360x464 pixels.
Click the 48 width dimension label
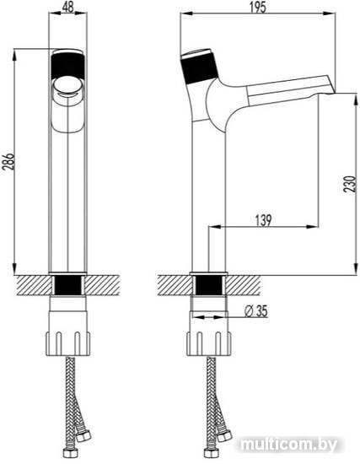pyautogui.click(x=67, y=7)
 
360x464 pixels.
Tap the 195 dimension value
pyautogui.click(x=257, y=8)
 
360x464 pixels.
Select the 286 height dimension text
pyautogui.click(x=8, y=162)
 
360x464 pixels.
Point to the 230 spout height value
pyautogui.click(x=350, y=184)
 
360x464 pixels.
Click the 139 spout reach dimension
pyautogui.click(x=263, y=220)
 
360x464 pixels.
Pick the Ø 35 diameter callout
pyautogui.click(x=256, y=311)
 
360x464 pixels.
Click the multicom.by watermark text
pyautogui.click(x=288, y=445)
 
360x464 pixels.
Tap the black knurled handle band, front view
pyautogui.click(x=67, y=67)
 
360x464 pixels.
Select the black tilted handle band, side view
pyautogui.click(x=199, y=68)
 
